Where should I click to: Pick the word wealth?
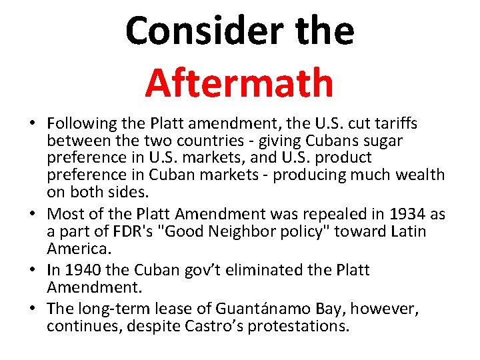pyautogui.click(x=419, y=175)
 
